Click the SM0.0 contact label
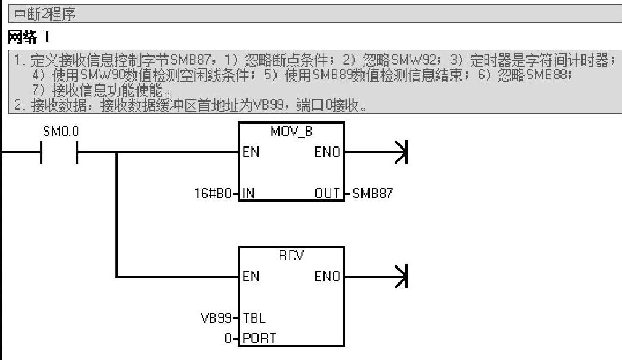(x=61, y=131)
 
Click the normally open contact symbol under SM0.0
(x=59, y=153)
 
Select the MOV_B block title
(x=291, y=131)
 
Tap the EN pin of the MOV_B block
(x=251, y=152)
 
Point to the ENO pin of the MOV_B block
(x=327, y=152)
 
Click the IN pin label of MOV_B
(x=249, y=193)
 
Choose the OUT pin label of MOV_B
(x=328, y=193)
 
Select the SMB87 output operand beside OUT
(x=373, y=193)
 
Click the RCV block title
(x=291, y=256)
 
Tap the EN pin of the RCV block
(x=251, y=276)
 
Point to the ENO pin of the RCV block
(x=327, y=276)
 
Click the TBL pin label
(x=254, y=318)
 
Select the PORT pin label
(x=259, y=338)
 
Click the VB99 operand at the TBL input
(x=216, y=318)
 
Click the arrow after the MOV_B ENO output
(x=401, y=152)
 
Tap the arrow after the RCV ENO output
(x=401, y=276)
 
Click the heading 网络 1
(x=28, y=38)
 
